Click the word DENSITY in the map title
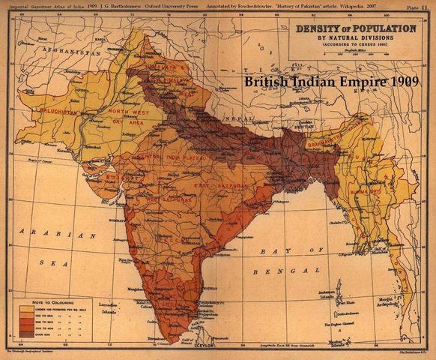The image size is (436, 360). pos(318,28)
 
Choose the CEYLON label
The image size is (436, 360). pos(197,346)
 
